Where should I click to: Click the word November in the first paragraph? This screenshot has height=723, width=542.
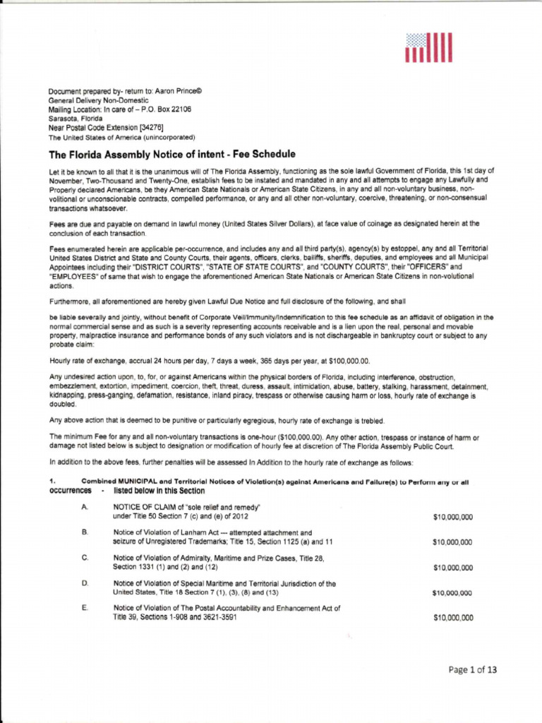67,180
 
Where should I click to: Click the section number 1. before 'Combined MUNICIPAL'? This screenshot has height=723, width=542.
52,481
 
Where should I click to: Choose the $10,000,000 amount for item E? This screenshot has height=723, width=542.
452,617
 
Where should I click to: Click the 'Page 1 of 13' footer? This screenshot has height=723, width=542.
472,671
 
